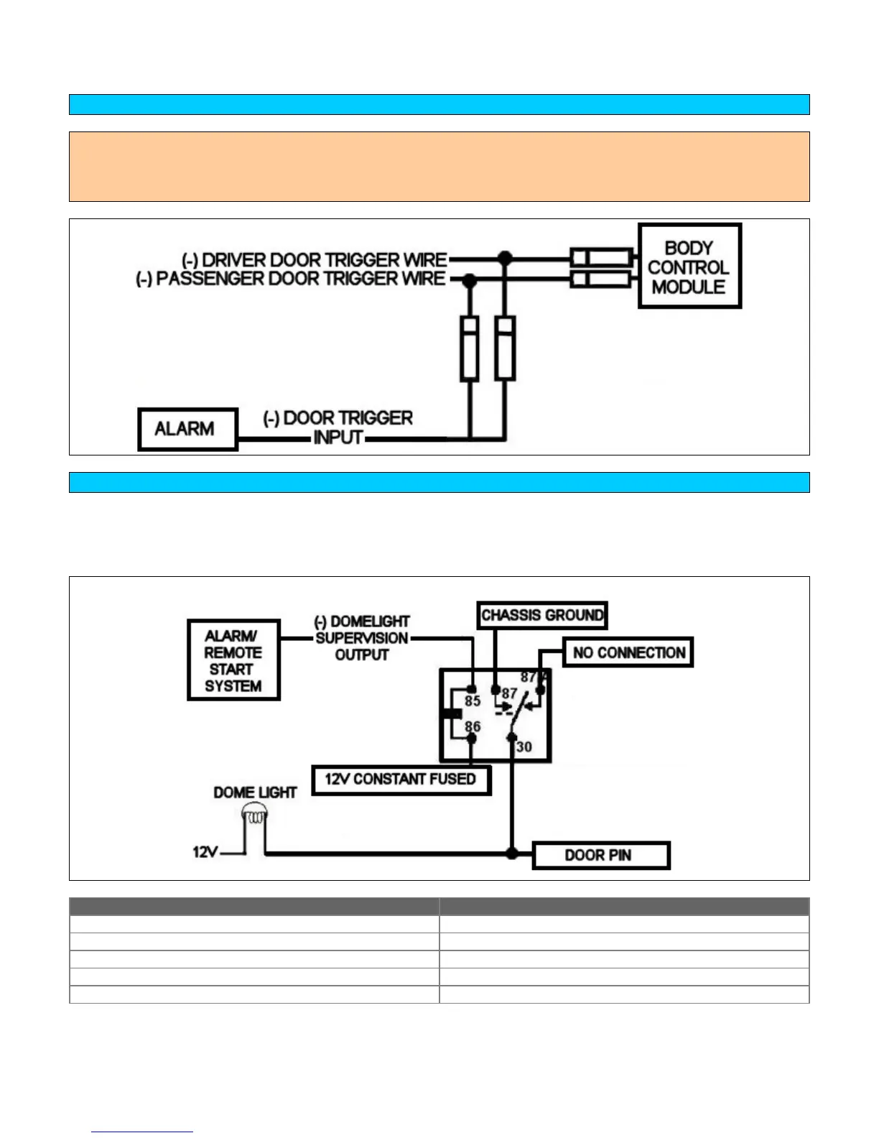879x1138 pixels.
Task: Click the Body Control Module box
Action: coord(689,267)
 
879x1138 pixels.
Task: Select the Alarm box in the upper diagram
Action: coord(187,429)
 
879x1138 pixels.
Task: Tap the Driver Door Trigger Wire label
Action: coord(315,259)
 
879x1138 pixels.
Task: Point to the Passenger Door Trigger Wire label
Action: coord(291,279)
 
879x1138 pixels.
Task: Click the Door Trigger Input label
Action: coord(338,427)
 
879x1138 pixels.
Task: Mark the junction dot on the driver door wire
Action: coord(506,258)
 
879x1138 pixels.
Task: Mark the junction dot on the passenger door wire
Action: coord(470,279)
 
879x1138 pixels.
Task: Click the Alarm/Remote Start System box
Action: coord(233,660)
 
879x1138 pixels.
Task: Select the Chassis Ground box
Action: coord(542,615)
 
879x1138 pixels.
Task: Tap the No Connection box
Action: coord(628,652)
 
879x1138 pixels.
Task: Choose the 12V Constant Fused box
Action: coord(401,780)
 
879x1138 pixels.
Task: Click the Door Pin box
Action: coord(600,855)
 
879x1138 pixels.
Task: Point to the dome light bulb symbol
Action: coord(255,815)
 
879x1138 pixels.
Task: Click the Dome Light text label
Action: coord(255,792)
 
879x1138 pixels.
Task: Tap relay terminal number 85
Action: coord(473,701)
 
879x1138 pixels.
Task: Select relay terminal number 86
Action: coord(473,726)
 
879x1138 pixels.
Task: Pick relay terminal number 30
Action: coord(524,747)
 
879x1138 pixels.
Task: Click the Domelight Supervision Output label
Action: coord(362,638)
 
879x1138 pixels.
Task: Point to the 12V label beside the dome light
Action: coord(205,852)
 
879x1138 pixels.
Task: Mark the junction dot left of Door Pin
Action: coord(512,853)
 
